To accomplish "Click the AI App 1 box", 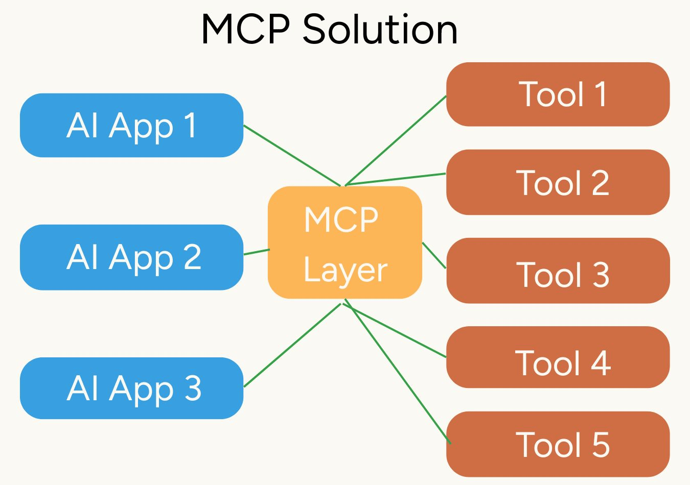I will (131, 125).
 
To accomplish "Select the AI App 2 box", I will (131, 257).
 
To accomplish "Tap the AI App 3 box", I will (131, 388).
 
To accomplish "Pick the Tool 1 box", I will (558, 94).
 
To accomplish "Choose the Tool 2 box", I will (558, 182).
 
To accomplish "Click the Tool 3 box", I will (558, 271).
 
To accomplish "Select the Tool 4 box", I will (558, 357).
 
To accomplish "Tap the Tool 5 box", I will (558, 444).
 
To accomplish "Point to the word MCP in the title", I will (246, 29).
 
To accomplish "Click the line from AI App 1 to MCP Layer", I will (292, 155).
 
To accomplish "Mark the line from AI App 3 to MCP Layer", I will (292, 345).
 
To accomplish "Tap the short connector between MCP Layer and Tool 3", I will (434, 255).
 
